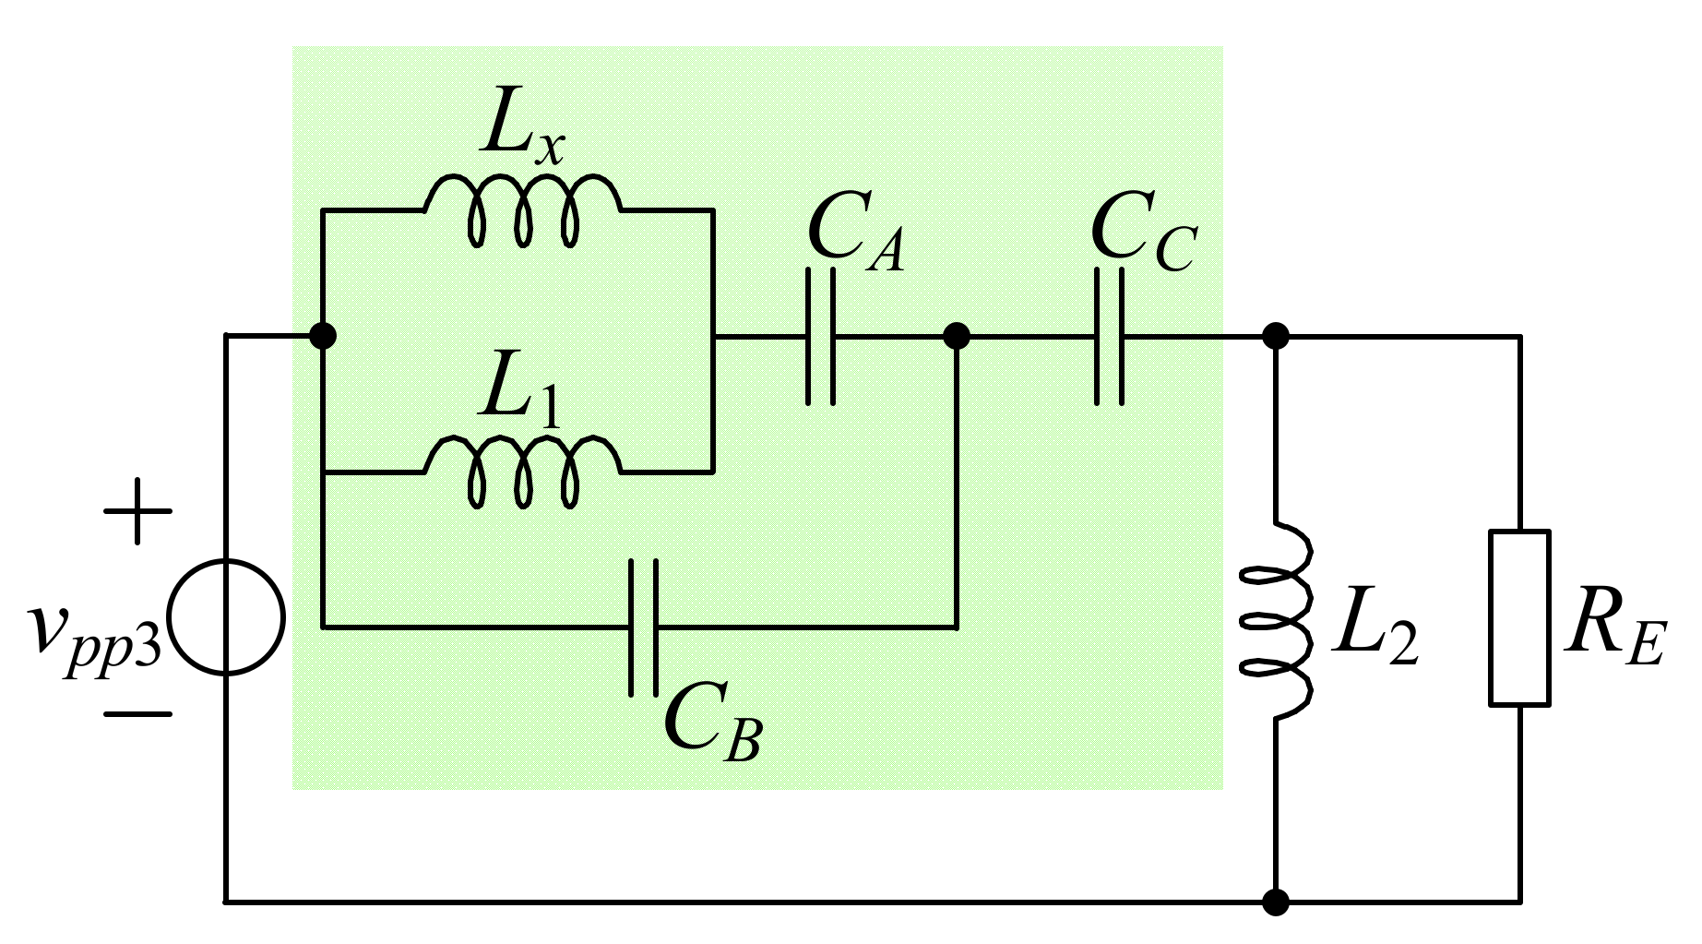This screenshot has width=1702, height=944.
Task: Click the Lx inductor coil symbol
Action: point(522,208)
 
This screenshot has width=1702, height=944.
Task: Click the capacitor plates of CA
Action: point(820,337)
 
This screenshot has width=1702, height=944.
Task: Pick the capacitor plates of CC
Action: point(1109,337)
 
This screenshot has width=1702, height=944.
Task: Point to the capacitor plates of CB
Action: point(644,627)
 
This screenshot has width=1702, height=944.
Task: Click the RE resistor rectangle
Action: point(1518,618)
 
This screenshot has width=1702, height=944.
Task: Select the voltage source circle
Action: point(226,617)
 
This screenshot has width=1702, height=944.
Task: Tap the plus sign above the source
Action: point(137,511)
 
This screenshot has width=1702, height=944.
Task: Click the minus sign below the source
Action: point(137,713)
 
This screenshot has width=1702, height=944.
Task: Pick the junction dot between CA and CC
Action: point(957,336)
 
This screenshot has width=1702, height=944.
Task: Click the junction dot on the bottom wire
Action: point(1276,902)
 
